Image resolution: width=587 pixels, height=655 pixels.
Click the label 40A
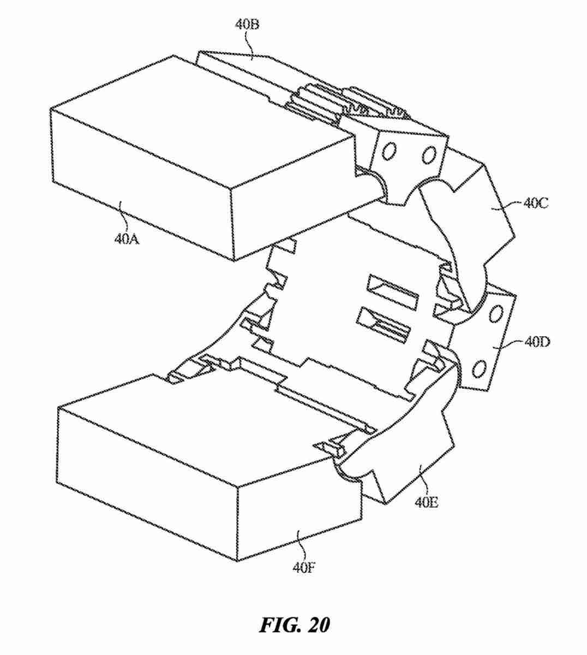(x=126, y=239)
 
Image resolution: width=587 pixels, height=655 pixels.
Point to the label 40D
(x=537, y=342)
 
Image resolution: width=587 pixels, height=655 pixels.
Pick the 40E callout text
(x=426, y=502)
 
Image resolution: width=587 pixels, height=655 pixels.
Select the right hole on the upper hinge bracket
(x=429, y=154)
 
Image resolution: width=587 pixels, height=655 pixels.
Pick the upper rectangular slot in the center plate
(x=393, y=290)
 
